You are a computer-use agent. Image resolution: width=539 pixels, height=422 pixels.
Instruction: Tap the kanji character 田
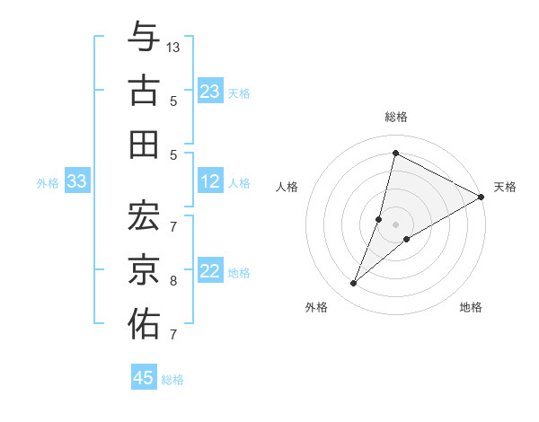(x=144, y=144)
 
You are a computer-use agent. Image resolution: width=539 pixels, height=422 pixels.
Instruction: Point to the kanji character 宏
(x=144, y=215)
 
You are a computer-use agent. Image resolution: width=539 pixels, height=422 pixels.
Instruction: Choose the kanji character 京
(x=144, y=269)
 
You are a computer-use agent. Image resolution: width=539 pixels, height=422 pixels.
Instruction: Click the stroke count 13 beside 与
(x=173, y=47)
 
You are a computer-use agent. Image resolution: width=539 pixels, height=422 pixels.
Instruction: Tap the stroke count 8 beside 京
(x=172, y=281)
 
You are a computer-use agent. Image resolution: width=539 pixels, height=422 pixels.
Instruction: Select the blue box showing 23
(x=210, y=92)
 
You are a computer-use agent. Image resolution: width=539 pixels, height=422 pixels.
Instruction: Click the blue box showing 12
(x=210, y=182)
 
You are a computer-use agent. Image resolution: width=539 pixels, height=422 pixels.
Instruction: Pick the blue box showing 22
(x=210, y=272)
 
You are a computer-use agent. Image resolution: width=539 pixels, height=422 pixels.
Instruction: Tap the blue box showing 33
(x=77, y=182)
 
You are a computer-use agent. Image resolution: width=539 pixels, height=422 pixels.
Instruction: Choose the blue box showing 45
(x=144, y=378)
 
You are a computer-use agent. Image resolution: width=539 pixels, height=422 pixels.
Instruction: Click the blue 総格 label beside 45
(x=172, y=380)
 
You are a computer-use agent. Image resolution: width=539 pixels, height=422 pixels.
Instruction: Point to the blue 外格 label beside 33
(x=48, y=183)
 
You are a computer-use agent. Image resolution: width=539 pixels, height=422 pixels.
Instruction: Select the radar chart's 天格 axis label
(x=505, y=187)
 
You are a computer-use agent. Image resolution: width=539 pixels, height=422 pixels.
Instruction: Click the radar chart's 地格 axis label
(x=471, y=307)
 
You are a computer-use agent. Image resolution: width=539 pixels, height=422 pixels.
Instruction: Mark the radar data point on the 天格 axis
(x=481, y=197)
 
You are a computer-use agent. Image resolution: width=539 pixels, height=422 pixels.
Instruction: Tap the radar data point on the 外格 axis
(x=354, y=284)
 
